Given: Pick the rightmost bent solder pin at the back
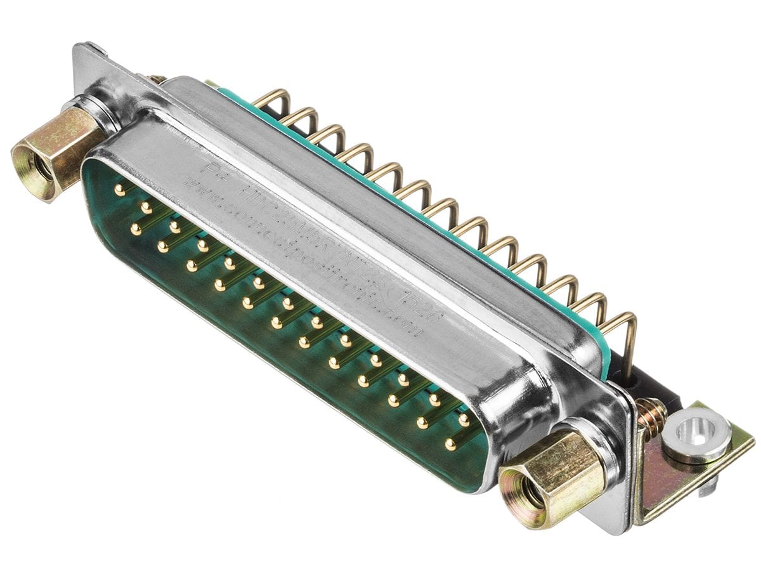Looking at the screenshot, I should [625, 336].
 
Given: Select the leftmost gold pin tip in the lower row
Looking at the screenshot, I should [135, 229].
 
